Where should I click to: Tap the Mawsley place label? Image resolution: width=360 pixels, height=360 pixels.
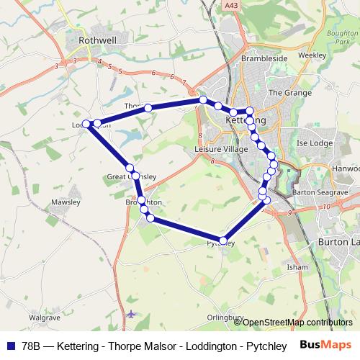66,202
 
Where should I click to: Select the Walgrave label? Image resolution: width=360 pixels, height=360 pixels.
44,316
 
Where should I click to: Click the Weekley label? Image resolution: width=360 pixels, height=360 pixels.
311,55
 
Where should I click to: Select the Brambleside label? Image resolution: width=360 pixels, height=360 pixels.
264,58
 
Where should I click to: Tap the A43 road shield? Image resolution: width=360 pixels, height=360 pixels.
230,6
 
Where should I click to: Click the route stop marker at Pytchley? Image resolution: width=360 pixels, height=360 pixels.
223,240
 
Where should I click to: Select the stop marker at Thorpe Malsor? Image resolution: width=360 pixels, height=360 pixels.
148,108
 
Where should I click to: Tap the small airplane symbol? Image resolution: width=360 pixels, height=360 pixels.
130,314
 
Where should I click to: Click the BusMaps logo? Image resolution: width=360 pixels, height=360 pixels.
325,344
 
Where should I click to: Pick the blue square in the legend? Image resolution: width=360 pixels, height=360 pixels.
11,344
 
